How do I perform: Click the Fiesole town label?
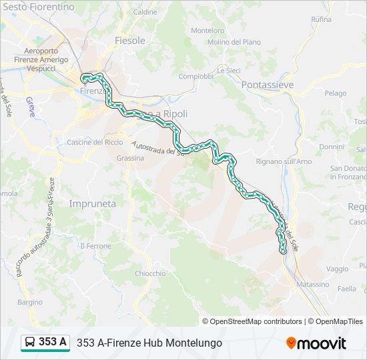(x=130, y=41)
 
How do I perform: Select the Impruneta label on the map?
(x=92, y=203)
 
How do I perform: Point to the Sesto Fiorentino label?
(x=37, y=7)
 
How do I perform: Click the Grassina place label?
(x=130, y=158)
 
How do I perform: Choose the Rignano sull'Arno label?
(x=284, y=161)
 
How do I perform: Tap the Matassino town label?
(x=313, y=284)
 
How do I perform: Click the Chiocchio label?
(x=150, y=273)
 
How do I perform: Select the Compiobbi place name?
(x=196, y=76)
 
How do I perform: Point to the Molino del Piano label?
(x=234, y=42)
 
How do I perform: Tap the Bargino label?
(x=30, y=302)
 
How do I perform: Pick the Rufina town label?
(x=321, y=19)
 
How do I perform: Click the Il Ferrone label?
(x=95, y=246)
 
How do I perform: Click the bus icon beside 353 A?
(x=30, y=343)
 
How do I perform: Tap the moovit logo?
(x=316, y=343)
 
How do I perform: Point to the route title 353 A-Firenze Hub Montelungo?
(x=149, y=343)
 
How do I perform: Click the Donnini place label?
(x=332, y=146)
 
